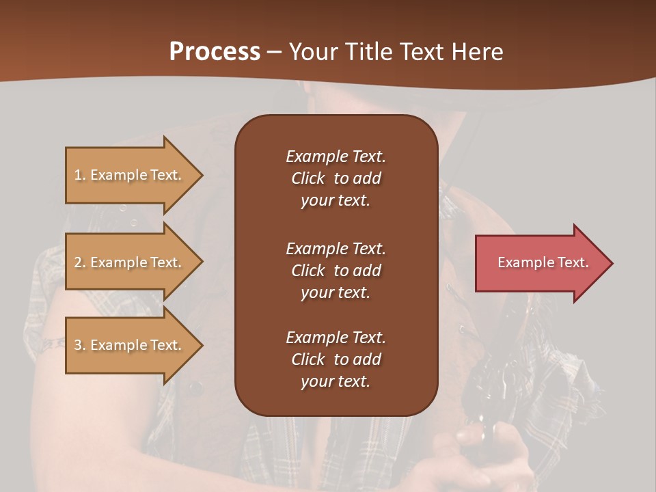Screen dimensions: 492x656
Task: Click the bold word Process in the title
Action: point(215,52)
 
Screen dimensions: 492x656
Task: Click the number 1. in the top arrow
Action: point(80,175)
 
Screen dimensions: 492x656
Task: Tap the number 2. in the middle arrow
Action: point(80,262)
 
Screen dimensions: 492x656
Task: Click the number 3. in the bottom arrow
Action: point(80,345)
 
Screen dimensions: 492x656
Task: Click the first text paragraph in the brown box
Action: point(336,178)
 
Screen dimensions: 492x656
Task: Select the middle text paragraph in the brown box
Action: point(336,271)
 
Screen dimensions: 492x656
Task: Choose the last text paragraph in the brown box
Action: point(336,359)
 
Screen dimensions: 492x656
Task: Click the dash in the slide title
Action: point(275,53)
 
